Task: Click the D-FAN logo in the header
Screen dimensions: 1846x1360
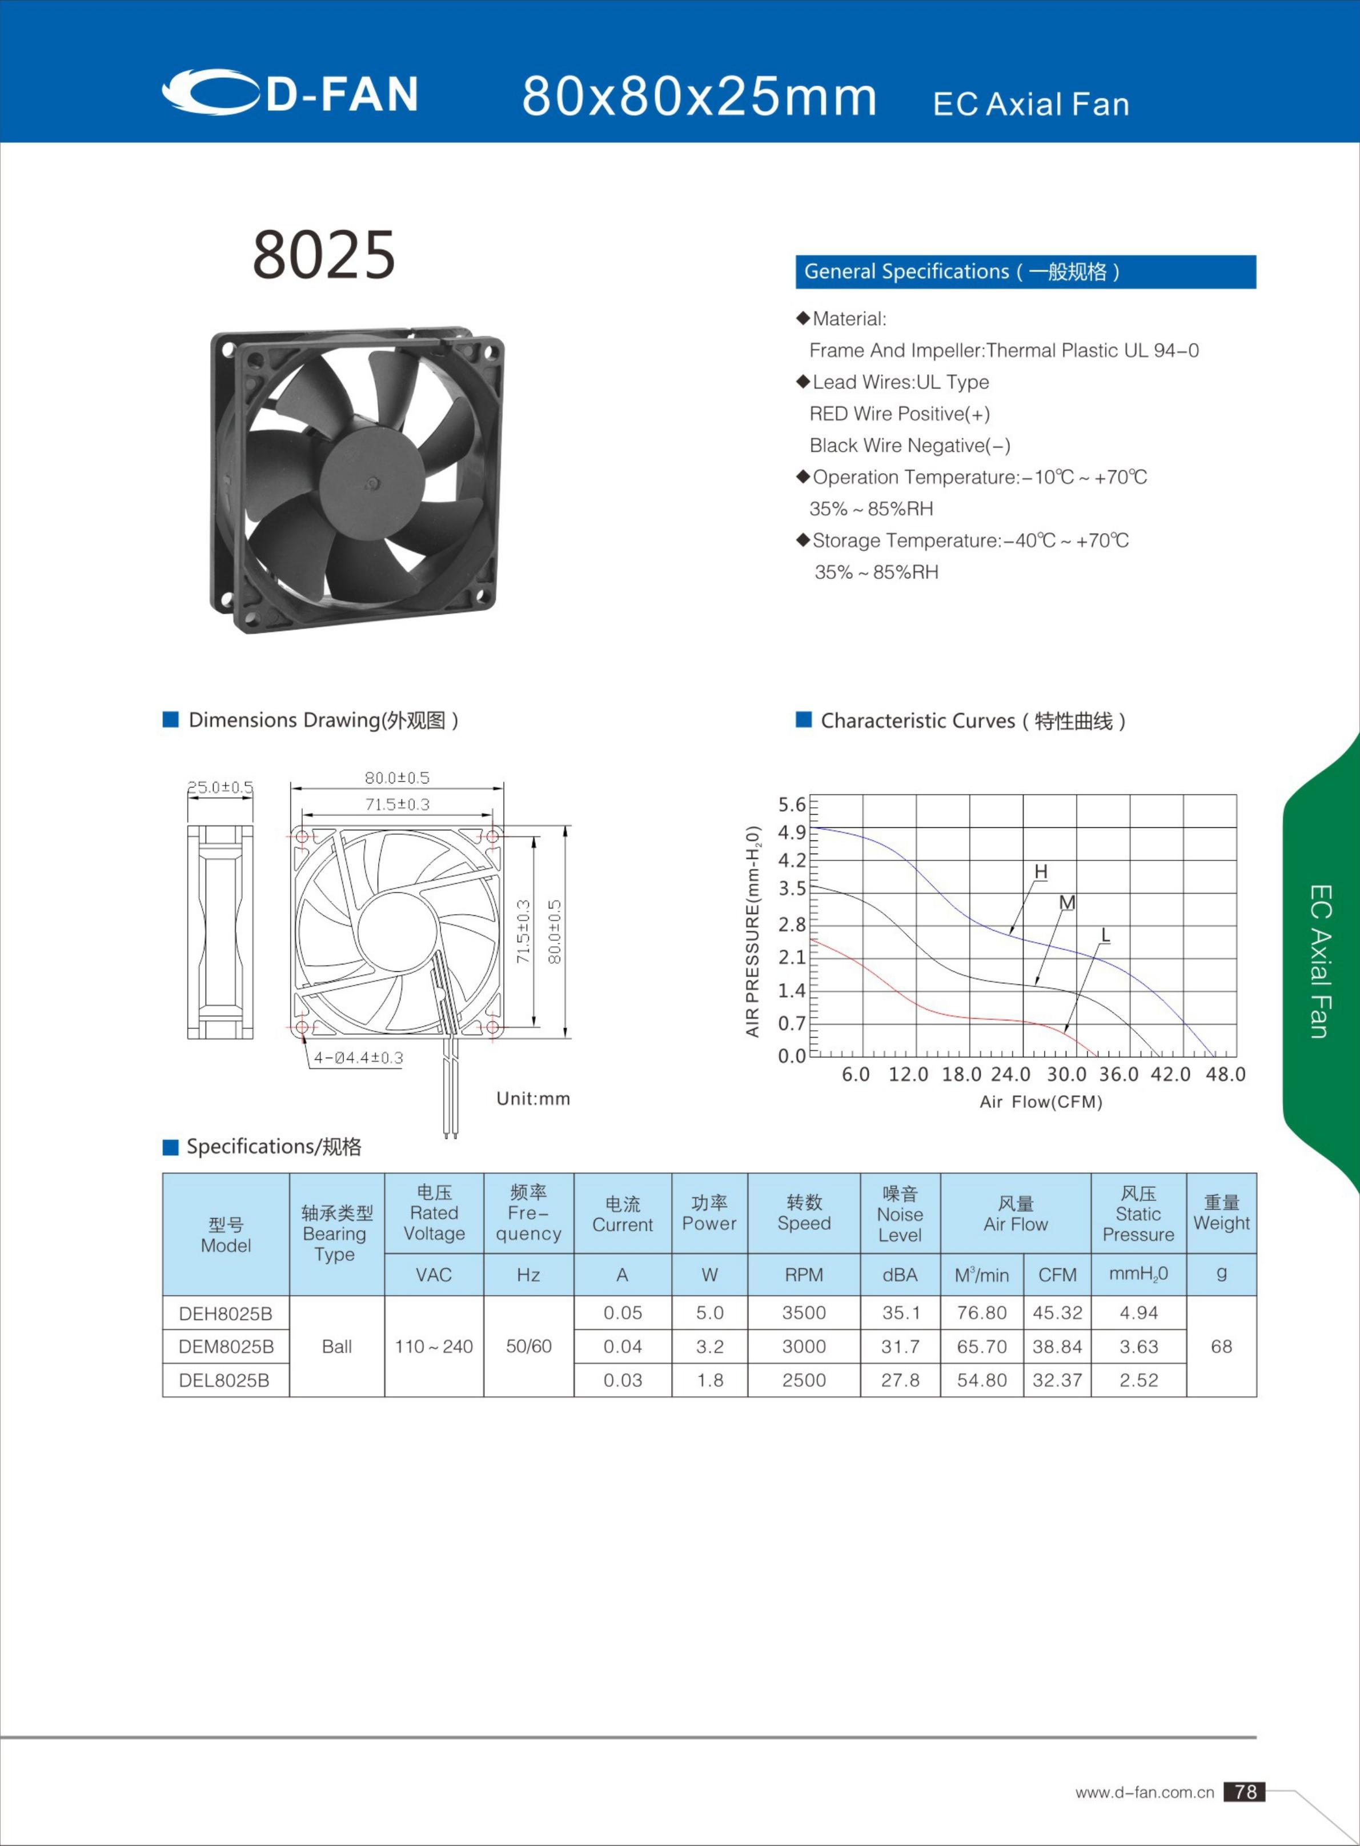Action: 290,92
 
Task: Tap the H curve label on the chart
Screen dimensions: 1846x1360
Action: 1041,871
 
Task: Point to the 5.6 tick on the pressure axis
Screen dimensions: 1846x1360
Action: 792,804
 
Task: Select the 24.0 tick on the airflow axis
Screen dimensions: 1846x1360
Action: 1010,1075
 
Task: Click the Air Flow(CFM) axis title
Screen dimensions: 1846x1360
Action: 1041,1102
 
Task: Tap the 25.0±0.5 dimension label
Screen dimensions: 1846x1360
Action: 220,787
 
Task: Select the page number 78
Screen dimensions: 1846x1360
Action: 1244,1792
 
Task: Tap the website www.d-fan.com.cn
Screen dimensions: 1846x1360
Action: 1144,1792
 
